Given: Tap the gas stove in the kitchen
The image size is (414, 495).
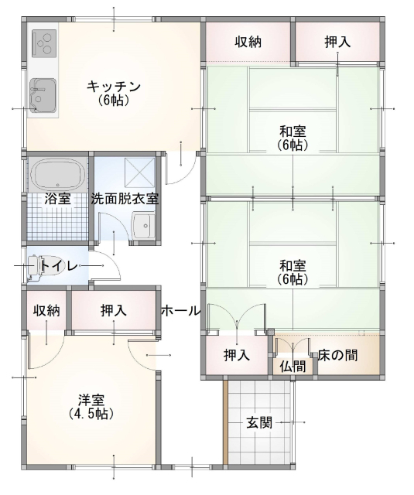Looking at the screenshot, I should pos(44,42).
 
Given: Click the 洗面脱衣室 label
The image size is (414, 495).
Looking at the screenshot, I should pos(125,199).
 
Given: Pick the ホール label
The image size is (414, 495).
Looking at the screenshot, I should pos(181,311).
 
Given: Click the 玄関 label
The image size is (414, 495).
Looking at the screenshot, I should pos(259,423).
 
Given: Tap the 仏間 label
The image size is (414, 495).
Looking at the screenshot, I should pos(293,365).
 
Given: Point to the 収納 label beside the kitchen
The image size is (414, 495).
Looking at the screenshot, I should pos(248,42).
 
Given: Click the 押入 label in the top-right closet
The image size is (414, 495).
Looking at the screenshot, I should pos(338,42).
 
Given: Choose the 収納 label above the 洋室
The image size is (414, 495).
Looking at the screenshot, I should pos(46,311).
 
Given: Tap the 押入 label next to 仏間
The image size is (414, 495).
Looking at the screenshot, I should pos(237,356).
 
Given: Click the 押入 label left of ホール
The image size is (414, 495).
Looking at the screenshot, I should pos(115,311).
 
